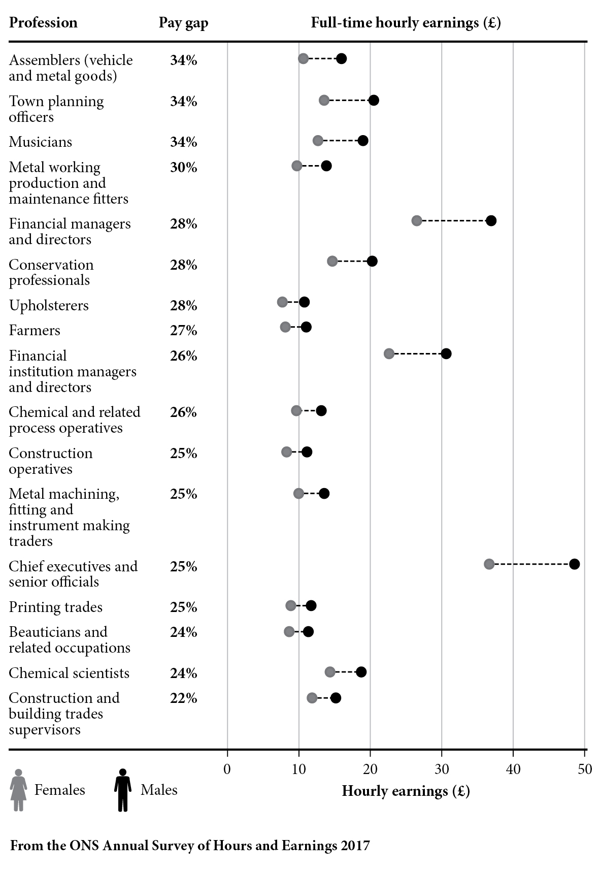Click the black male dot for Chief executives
click(x=574, y=564)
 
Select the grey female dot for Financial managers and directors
click(x=417, y=220)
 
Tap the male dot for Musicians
click(x=363, y=141)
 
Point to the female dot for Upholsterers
click(x=282, y=302)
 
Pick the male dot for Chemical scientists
click(x=361, y=672)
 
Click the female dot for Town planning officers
click(x=324, y=100)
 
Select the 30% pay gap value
click(x=183, y=168)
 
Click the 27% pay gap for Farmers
click(x=183, y=331)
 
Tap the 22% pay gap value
click(x=183, y=698)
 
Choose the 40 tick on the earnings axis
click(x=513, y=769)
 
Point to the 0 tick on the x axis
click(x=227, y=769)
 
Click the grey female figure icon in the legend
click(x=19, y=790)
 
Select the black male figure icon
click(x=122, y=790)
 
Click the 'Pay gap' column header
click(x=183, y=23)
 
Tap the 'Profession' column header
click(x=43, y=23)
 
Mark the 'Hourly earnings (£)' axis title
click(x=406, y=791)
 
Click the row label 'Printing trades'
click(x=55, y=607)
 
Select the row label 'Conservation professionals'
click(x=51, y=272)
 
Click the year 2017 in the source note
click(x=355, y=846)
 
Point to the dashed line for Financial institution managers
click(x=417, y=353)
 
